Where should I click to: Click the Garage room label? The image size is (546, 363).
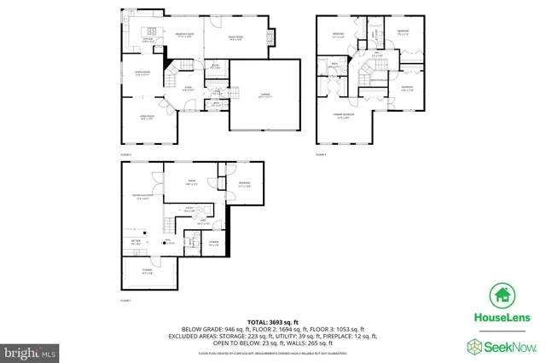tap(265, 96)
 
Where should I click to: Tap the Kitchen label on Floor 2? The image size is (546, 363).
tap(147, 37)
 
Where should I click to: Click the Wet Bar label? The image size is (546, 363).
tap(135, 243)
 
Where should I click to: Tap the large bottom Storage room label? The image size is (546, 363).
tap(147, 273)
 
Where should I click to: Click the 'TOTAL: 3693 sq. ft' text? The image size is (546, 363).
tap(272, 320)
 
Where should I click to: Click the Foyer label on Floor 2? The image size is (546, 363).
tap(185, 89)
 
